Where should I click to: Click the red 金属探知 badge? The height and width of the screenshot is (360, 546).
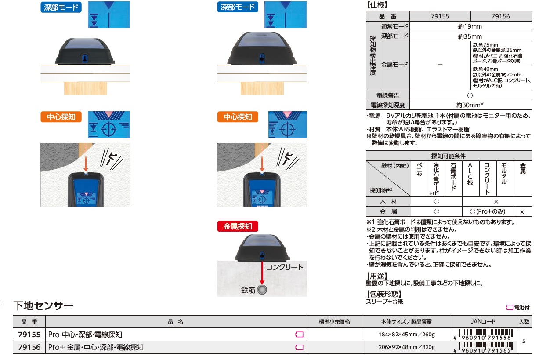coord(237,226)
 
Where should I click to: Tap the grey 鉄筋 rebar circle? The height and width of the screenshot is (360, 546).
coord(262,290)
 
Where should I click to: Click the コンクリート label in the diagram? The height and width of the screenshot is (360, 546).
coord(285,267)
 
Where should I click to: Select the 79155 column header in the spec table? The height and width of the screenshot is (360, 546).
coord(440,16)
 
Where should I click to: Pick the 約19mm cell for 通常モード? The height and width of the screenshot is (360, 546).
coord(470,26)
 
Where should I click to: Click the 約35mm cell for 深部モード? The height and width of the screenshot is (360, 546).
coord(470,36)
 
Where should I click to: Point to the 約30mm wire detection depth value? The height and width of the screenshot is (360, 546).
coord(470,105)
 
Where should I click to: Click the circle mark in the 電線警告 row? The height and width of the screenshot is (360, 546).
coord(470,95)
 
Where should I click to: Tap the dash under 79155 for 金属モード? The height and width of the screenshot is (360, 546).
coord(440,65)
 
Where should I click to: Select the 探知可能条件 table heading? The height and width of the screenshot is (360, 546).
coord(448,156)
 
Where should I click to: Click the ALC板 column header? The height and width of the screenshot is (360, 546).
coord(470,174)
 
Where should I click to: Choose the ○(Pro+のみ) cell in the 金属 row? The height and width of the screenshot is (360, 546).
coord(487,211)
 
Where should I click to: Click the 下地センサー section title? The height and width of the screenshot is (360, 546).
coord(43,305)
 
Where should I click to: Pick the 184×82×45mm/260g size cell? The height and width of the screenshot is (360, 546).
coord(406,335)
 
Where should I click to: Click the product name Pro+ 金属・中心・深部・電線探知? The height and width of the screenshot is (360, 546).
coord(96,347)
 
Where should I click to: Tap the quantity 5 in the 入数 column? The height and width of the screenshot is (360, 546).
coord(524,341)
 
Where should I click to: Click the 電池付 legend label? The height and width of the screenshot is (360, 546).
coord(522,308)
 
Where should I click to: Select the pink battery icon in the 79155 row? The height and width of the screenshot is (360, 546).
coord(299,335)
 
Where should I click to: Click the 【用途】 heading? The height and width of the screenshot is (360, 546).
coord(376,276)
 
